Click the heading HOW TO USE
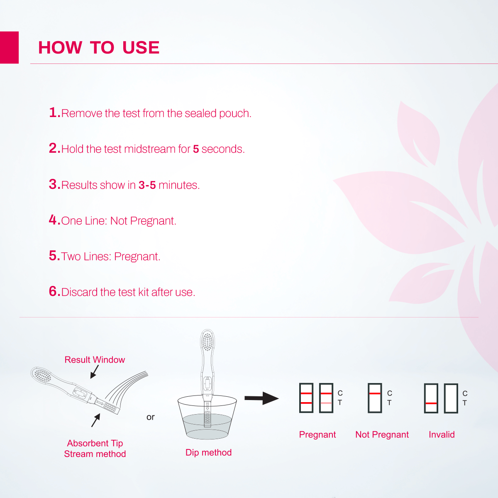click(x=99, y=48)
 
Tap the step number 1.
click(x=54, y=112)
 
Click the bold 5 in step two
click(x=196, y=149)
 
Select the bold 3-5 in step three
click(x=147, y=185)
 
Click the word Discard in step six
click(x=79, y=292)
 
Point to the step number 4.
click(x=54, y=220)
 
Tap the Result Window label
click(x=95, y=360)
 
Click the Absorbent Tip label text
click(x=95, y=443)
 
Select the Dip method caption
click(x=208, y=452)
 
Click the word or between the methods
click(x=150, y=417)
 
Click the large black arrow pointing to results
click(x=261, y=398)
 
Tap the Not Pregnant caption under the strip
click(x=382, y=435)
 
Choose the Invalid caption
click(x=442, y=435)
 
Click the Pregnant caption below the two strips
click(x=317, y=435)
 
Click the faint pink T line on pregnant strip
click(x=326, y=403)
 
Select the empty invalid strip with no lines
click(x=451, y=398)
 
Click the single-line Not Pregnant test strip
click(x=375, y=398)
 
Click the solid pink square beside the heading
click(x=9, y=47)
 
